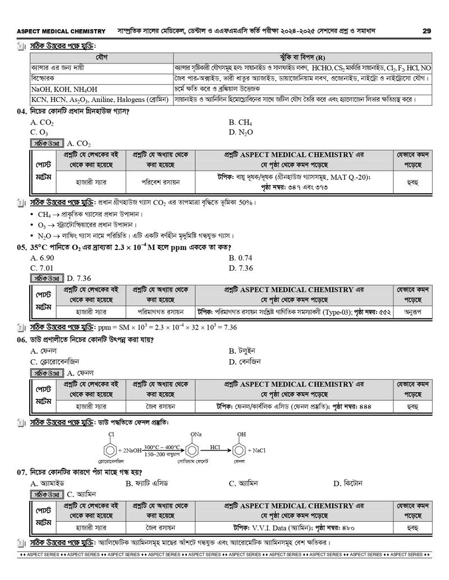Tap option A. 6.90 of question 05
click(x=42, y=258)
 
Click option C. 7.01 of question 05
click(x=42, y=268)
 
